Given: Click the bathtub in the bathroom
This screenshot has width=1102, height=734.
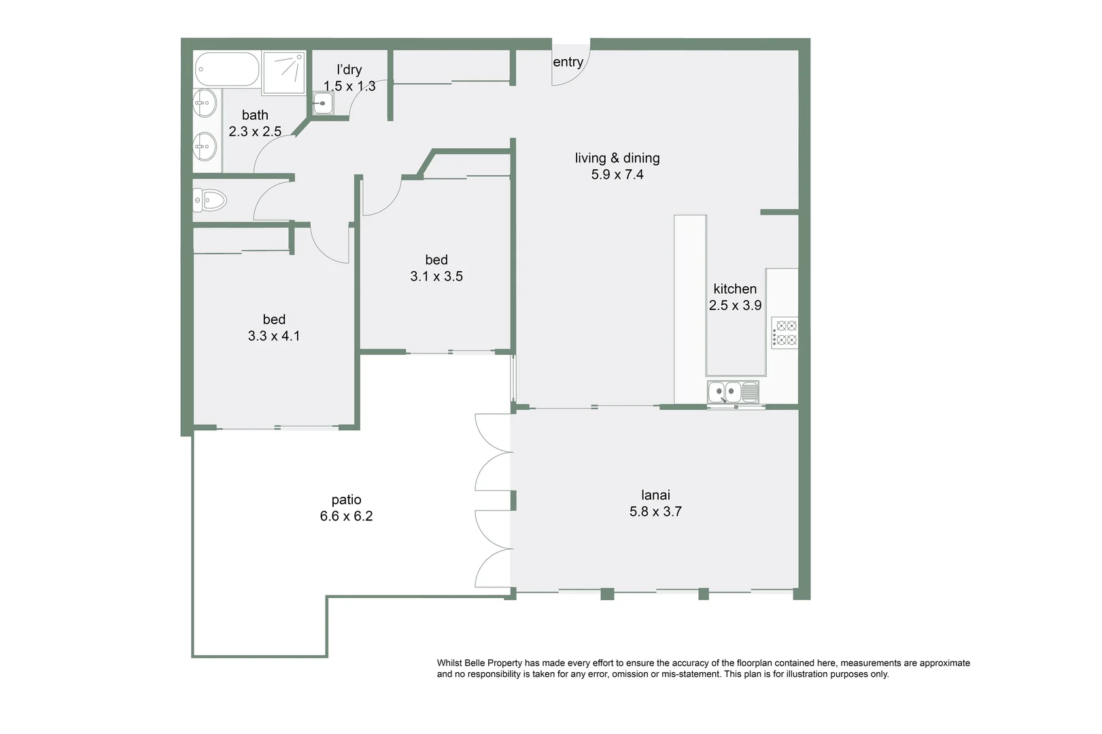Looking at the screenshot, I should coord(227,69).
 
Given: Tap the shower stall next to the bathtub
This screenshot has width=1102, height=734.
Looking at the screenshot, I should coord(284,71).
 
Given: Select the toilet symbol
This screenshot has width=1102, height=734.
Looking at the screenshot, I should coord(210,200).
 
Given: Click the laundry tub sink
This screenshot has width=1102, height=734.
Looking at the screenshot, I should coord(323,104).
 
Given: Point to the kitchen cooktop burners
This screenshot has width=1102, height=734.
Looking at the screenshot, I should coord(786,333).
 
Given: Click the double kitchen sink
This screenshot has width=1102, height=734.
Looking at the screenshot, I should coord(724,392).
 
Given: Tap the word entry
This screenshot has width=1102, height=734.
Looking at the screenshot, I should coord(568,63).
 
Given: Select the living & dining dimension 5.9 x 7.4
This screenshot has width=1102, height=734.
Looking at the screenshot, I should coord(617,175).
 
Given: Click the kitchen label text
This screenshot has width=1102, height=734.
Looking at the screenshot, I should coord(735,289).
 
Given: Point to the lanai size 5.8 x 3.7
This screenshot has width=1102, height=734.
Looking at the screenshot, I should coord(655,512).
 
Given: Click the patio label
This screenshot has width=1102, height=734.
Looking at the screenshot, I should coord(346,500).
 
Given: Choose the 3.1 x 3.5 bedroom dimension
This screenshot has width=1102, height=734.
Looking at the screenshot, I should coord(436,277).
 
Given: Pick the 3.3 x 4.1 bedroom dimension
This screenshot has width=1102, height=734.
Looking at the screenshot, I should coord(274,336).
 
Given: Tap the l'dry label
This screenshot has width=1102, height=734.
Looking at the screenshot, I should coord(349,70).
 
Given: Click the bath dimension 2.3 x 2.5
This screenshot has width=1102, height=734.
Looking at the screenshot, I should coord(255,132).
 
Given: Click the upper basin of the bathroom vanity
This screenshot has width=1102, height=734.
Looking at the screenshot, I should coord(204,104).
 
